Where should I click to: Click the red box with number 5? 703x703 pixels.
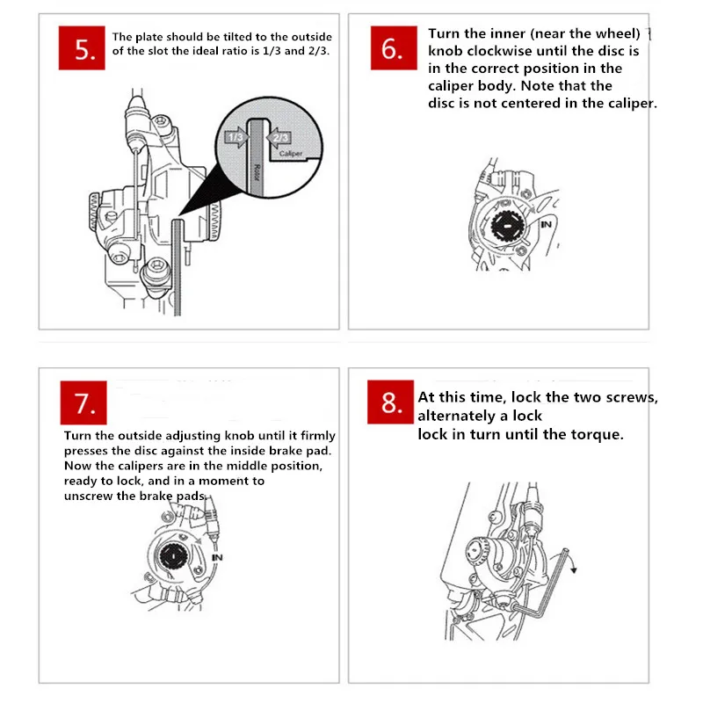84,49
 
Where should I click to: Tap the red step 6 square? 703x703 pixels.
391,49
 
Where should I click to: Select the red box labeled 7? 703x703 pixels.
84,403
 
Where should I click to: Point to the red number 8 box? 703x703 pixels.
391,403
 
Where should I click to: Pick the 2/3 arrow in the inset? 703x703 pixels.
279,137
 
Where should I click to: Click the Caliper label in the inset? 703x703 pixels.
290,154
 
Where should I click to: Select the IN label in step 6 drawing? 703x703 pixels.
547,225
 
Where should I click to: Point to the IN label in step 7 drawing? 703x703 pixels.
217,557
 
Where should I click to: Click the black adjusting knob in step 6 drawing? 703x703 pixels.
509,227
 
